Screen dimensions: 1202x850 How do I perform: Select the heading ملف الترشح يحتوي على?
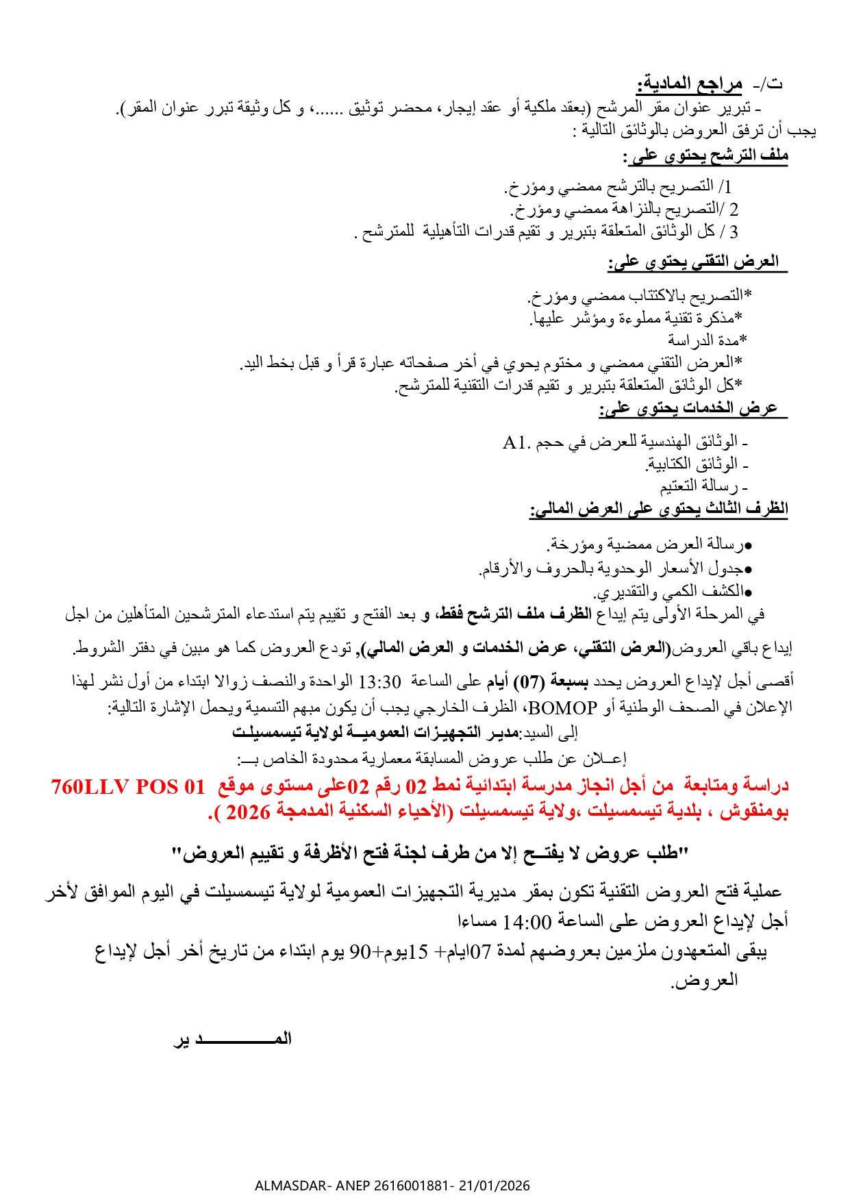pos(705,156)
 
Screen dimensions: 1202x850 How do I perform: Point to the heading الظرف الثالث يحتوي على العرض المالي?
pos(658,508)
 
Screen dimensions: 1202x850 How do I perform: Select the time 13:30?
pos(379,682)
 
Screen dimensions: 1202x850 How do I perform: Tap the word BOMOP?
pos(563,707)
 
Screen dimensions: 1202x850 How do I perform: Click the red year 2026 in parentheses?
pos(248,812)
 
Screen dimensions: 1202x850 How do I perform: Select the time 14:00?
pos(527,922)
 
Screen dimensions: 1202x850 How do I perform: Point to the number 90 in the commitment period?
pos(360,952)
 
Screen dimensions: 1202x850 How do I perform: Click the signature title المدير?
pos(233,1039)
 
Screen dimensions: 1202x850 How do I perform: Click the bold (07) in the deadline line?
pos(529,682)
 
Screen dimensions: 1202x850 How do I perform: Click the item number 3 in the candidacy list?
pos(734,232)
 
